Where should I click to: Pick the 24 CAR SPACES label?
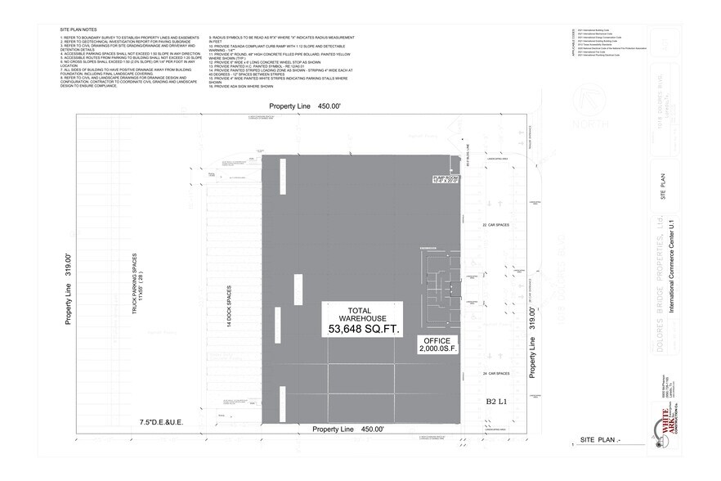pyautogui.click(x=495, y=373)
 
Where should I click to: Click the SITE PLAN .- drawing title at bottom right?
pyautogui.click(x=601, y=440)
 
